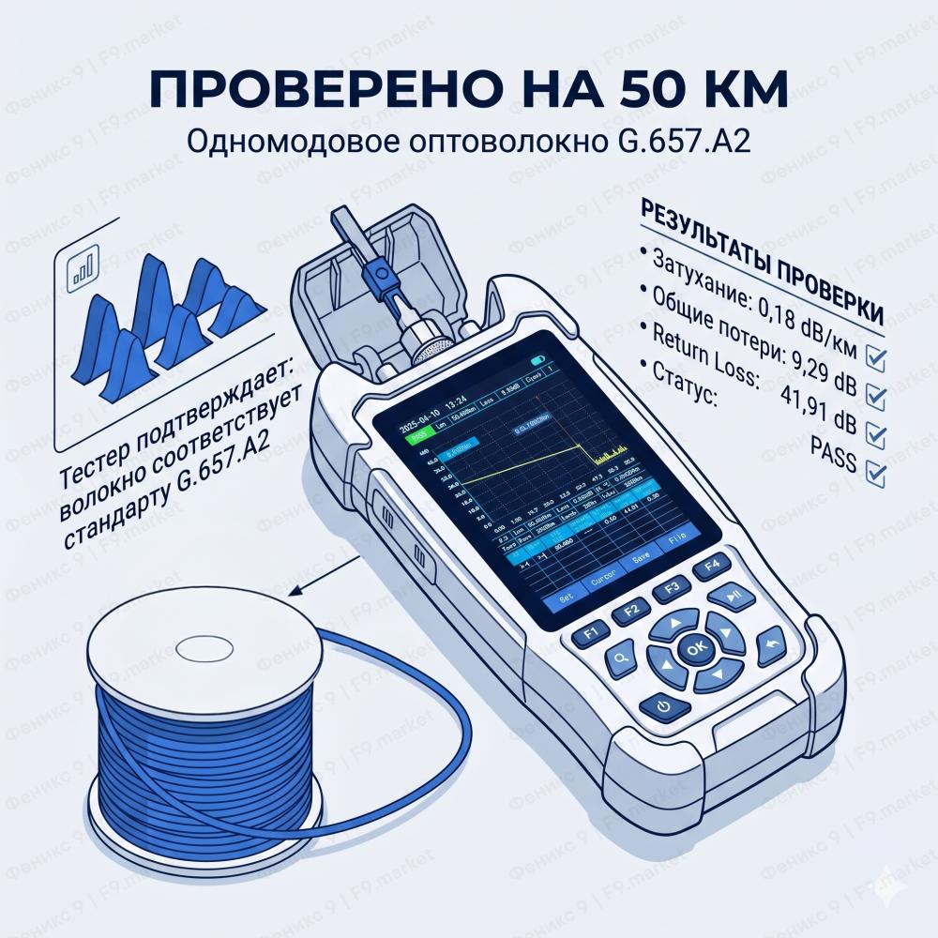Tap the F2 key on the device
click(x=631, y=609)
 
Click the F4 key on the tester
click(x=711, y=567)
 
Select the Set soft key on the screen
click(x=566, y=597)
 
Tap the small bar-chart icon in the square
click(x=83, y=265)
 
